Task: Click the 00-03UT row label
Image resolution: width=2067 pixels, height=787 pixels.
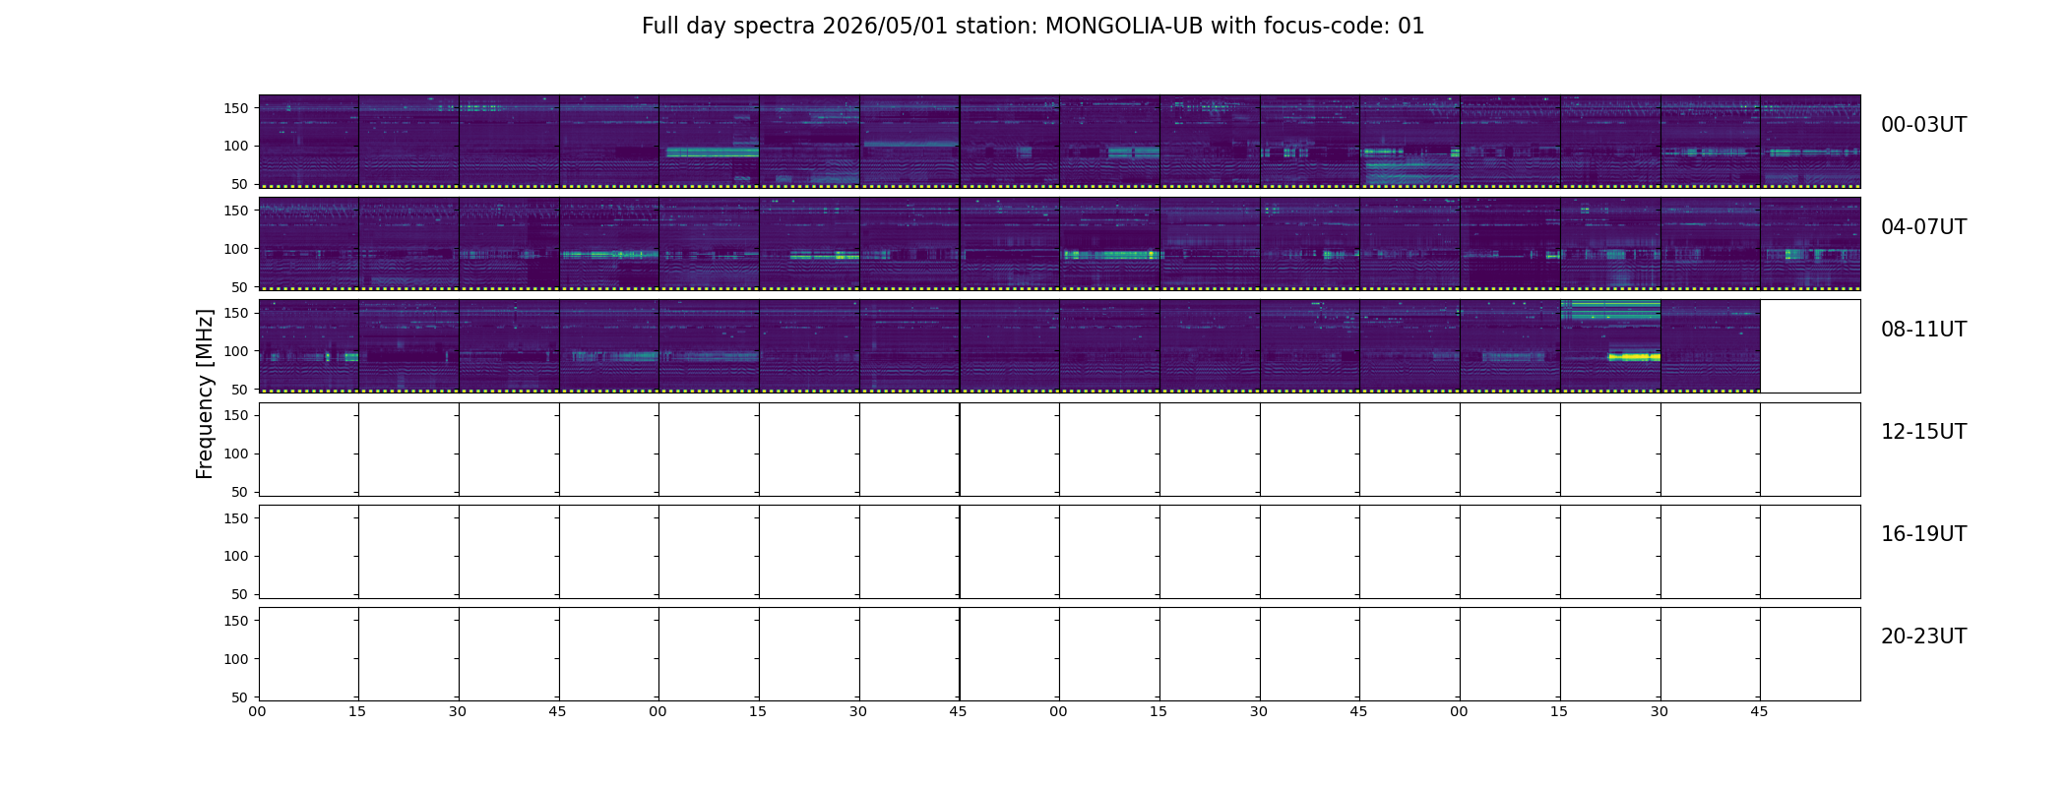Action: click(1923, 125)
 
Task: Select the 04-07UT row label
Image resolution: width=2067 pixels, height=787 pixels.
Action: click(1923, 227)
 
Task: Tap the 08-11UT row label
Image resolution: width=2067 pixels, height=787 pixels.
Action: click(1923, 330)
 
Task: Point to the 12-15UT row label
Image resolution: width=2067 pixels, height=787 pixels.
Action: click(1923, 432)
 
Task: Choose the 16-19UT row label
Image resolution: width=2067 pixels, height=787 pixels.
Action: click(1923, 534)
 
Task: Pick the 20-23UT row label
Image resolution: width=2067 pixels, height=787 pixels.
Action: click(1923, 636)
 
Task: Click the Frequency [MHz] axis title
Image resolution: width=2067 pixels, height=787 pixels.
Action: click(205, 393)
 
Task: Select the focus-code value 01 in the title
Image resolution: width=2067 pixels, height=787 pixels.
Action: click(1411, 26)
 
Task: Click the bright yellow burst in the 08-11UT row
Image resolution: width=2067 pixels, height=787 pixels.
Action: click(1634, 357)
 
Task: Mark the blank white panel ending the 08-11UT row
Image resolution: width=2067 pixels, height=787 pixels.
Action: click(1810, 346)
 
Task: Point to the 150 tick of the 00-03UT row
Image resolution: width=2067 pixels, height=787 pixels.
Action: click(236, 108)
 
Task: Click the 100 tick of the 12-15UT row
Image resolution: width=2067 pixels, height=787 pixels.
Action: click(236, 454)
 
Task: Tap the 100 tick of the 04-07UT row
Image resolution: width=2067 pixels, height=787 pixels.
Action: click(236, 249)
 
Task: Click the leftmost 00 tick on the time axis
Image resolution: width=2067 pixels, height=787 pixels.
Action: click(257, 711)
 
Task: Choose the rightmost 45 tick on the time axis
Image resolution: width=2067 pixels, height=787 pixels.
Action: click(1759, 711)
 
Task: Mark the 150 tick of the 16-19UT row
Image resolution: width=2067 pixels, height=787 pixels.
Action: click(236, 518)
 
